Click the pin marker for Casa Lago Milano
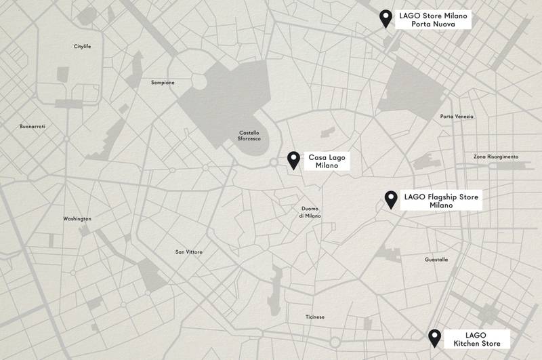(x=294, y=159)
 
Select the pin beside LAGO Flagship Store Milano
(x=391, y=199)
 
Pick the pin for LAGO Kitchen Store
(x=434, y=337)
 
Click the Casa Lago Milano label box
(x=327, y=161)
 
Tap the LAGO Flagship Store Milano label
(x=441, y=201)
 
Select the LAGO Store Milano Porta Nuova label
(x=433, y=20)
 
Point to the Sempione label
(x=163, y=83)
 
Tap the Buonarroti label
(x=32, y=127)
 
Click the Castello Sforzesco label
(x=249, y=136)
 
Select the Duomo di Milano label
(x=310, y=212)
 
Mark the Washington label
(x=77, y=219)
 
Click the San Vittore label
(x=189, y=252)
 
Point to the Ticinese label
(x=315, y=317)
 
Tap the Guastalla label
(x=436, y=260)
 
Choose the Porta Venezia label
(x=457, y=117)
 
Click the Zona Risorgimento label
(x=495, y=157)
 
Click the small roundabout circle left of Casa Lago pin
(x=273, y=162)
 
